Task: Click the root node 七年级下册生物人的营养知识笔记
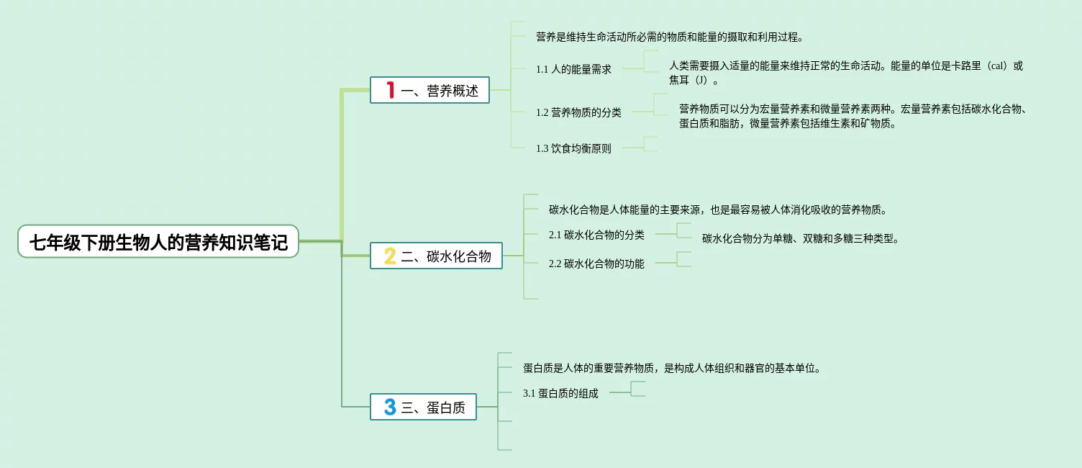tap(158, 242)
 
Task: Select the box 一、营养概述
tap(429, 90)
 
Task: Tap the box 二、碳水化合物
tap(436, 256)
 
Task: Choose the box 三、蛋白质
tap(423, 408)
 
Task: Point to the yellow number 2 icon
tap(390, 256)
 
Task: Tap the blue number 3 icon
tap(390, 408)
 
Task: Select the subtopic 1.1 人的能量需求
tap(573, 69)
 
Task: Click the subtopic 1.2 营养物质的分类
tap(578, 112)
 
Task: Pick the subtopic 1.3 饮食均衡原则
tap(573, 148)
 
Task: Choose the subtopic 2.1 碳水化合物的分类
tap(596, 234)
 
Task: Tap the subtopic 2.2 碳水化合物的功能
tap(596, 264)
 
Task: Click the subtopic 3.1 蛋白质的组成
tap(560, 393)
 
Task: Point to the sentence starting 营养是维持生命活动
tap(669, 37)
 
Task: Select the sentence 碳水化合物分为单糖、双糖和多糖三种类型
tap(801, 238)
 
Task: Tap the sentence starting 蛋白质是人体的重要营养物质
tap(672, 368)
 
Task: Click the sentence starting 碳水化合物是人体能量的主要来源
tap(717, 210)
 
